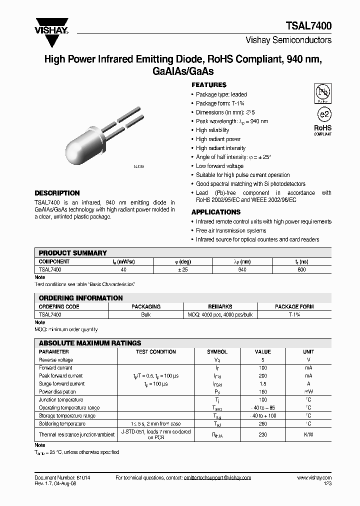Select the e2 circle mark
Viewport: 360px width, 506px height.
(x=323, y=113)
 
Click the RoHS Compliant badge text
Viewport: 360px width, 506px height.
(x=322, y=130)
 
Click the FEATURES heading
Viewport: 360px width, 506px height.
(x=209, y=85)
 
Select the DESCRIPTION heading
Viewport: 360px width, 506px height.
(x=57, y=193)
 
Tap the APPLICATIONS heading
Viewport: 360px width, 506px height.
(x=216, y=212)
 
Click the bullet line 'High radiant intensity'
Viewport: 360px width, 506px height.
(x=220, y=148)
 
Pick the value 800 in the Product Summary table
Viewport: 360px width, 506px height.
(x=301, y=269)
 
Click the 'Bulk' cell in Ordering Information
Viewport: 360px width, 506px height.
(x=145, y=314)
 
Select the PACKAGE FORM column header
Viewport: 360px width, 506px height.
(x=294, y=306)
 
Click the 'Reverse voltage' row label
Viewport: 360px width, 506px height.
(x=56, y=359)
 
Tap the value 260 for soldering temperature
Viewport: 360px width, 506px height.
(x=263, y=423)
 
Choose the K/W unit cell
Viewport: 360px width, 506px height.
(x=308, y=434)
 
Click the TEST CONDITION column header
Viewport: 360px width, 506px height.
(x=155, y=351)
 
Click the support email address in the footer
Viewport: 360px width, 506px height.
(x=201, y=478)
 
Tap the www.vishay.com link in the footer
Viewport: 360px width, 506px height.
(x=313, y=478)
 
